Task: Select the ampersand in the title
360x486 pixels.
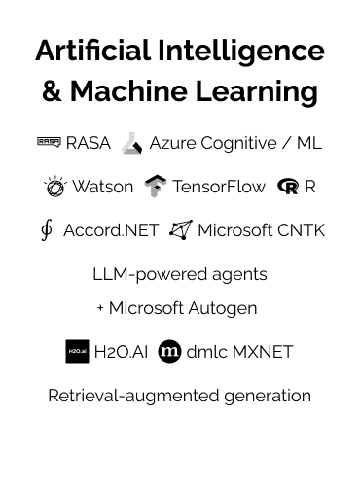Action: (x=54, y=92)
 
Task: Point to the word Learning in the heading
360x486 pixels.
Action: (x=262, y=92)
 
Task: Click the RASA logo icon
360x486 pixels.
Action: (x=49, y=143)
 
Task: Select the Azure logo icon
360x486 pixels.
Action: (x=132, y=144)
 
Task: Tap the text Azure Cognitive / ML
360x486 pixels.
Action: (x=235, y=143)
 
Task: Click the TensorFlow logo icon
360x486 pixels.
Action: (x=155, y=187)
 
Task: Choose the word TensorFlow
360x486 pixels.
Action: (x=219, y=187)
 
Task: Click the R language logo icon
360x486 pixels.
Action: (x=287, y=187)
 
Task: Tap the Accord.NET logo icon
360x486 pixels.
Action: (x=46, y=230)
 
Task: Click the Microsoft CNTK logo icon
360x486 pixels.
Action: (x=180, y=230)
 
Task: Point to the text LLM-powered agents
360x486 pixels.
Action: (x=180, y=274)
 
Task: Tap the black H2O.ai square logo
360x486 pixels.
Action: (x=77, y=352)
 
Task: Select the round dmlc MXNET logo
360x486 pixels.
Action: (x=169, y=352)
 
